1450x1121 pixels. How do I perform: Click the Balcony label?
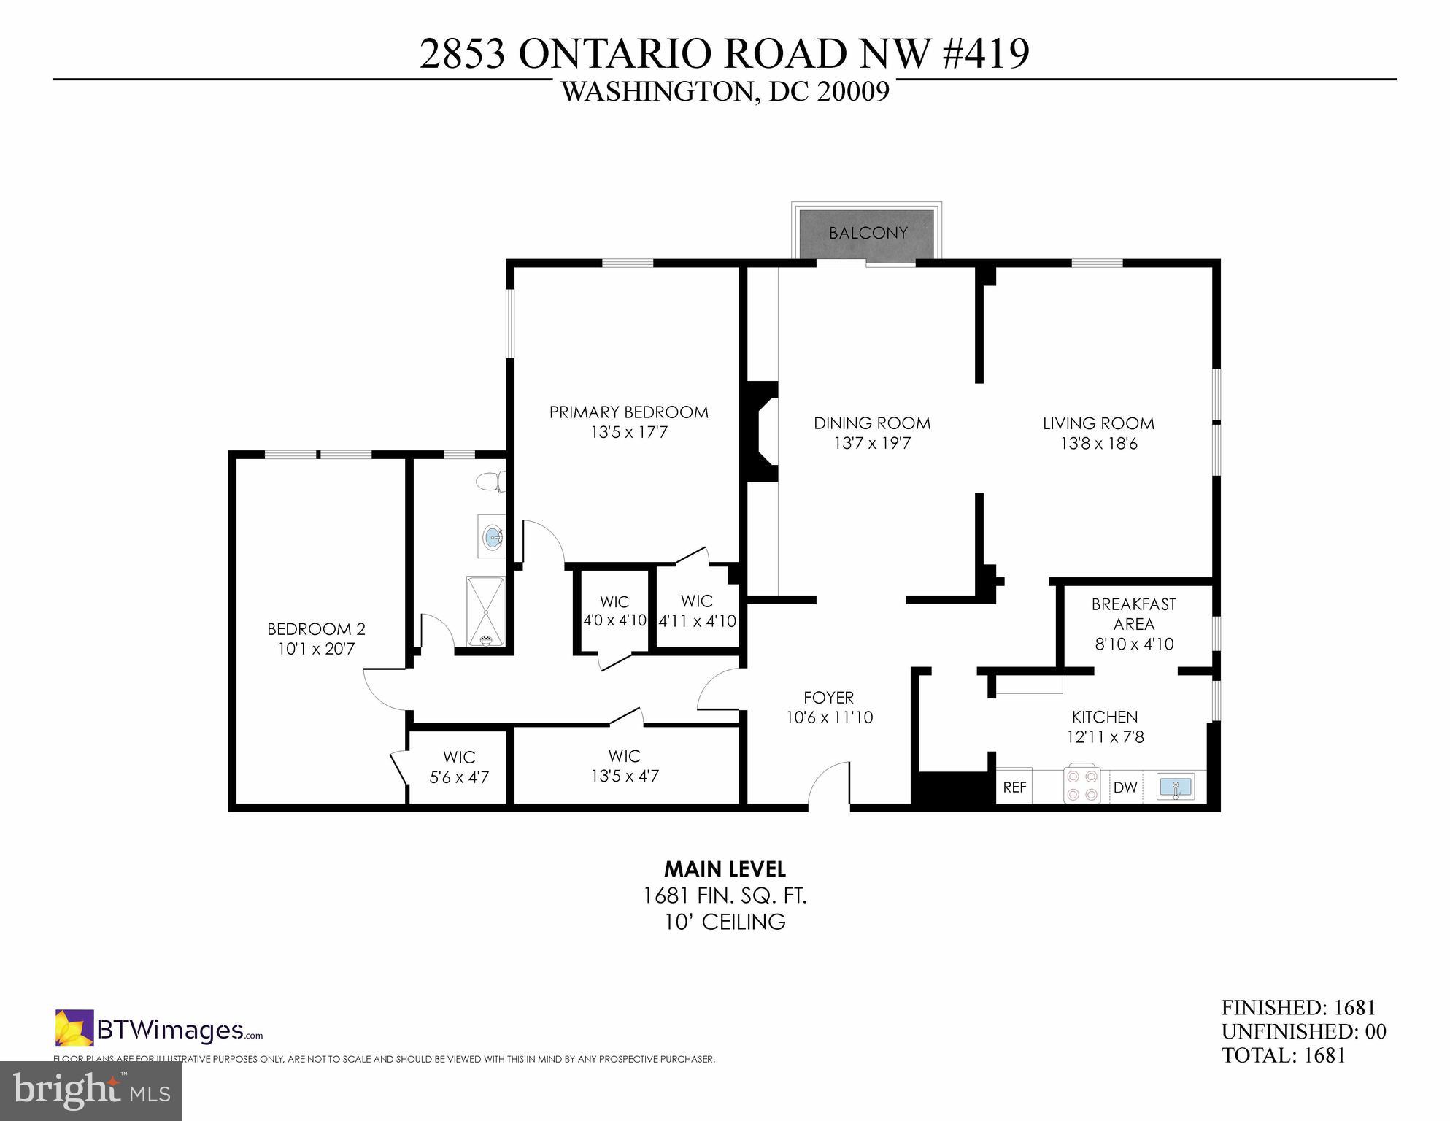[868, 233]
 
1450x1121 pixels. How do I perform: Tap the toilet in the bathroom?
[490, 482]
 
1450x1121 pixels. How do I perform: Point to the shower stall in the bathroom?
[485, 612]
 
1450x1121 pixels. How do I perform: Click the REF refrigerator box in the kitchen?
[1014, 787]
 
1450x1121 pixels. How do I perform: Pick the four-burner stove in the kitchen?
[1081, 785]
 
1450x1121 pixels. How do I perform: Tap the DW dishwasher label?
[1125, 787]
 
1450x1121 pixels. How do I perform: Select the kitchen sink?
[1175, 787]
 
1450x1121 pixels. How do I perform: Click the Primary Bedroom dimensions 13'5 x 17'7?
[629, 432]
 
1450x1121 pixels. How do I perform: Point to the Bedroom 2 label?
[316, 628]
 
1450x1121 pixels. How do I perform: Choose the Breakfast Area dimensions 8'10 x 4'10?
[1134, 644]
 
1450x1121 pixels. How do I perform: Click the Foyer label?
[828, 697]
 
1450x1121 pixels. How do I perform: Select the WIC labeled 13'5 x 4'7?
[625, 766]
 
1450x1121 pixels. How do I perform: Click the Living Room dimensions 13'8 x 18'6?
[1098, 443]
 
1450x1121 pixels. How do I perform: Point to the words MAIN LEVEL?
[725, 869]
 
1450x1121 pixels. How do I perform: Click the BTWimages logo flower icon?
[74, 1028]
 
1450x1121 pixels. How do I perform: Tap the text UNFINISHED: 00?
[1303, 1031]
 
